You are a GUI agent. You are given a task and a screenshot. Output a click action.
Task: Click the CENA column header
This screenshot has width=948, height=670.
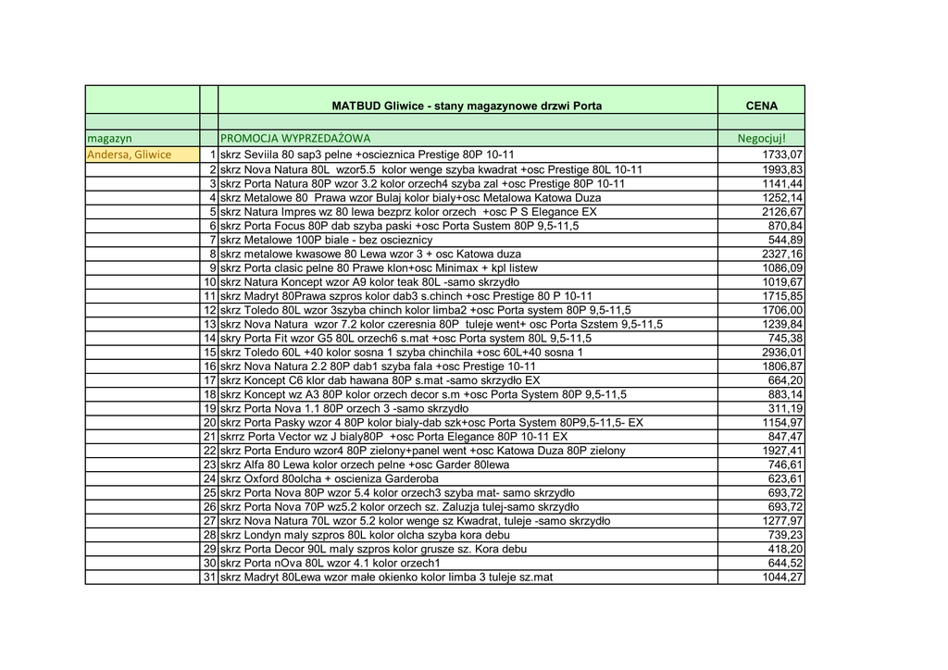point(761,106)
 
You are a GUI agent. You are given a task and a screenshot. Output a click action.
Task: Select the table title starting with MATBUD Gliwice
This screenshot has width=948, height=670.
point(467,106)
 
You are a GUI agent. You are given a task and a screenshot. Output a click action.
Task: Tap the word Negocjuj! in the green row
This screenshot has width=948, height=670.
point(761,139)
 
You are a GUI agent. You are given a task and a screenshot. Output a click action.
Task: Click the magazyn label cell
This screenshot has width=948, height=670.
point(110,139)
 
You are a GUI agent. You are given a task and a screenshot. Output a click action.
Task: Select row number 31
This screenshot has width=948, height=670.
point(209,577)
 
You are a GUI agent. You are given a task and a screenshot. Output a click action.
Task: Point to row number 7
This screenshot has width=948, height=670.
point(212,240)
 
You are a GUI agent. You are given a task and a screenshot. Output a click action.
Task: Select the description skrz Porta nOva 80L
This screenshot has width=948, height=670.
point(330,563)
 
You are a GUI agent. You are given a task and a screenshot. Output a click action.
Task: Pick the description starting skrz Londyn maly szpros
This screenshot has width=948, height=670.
point(365,535)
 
